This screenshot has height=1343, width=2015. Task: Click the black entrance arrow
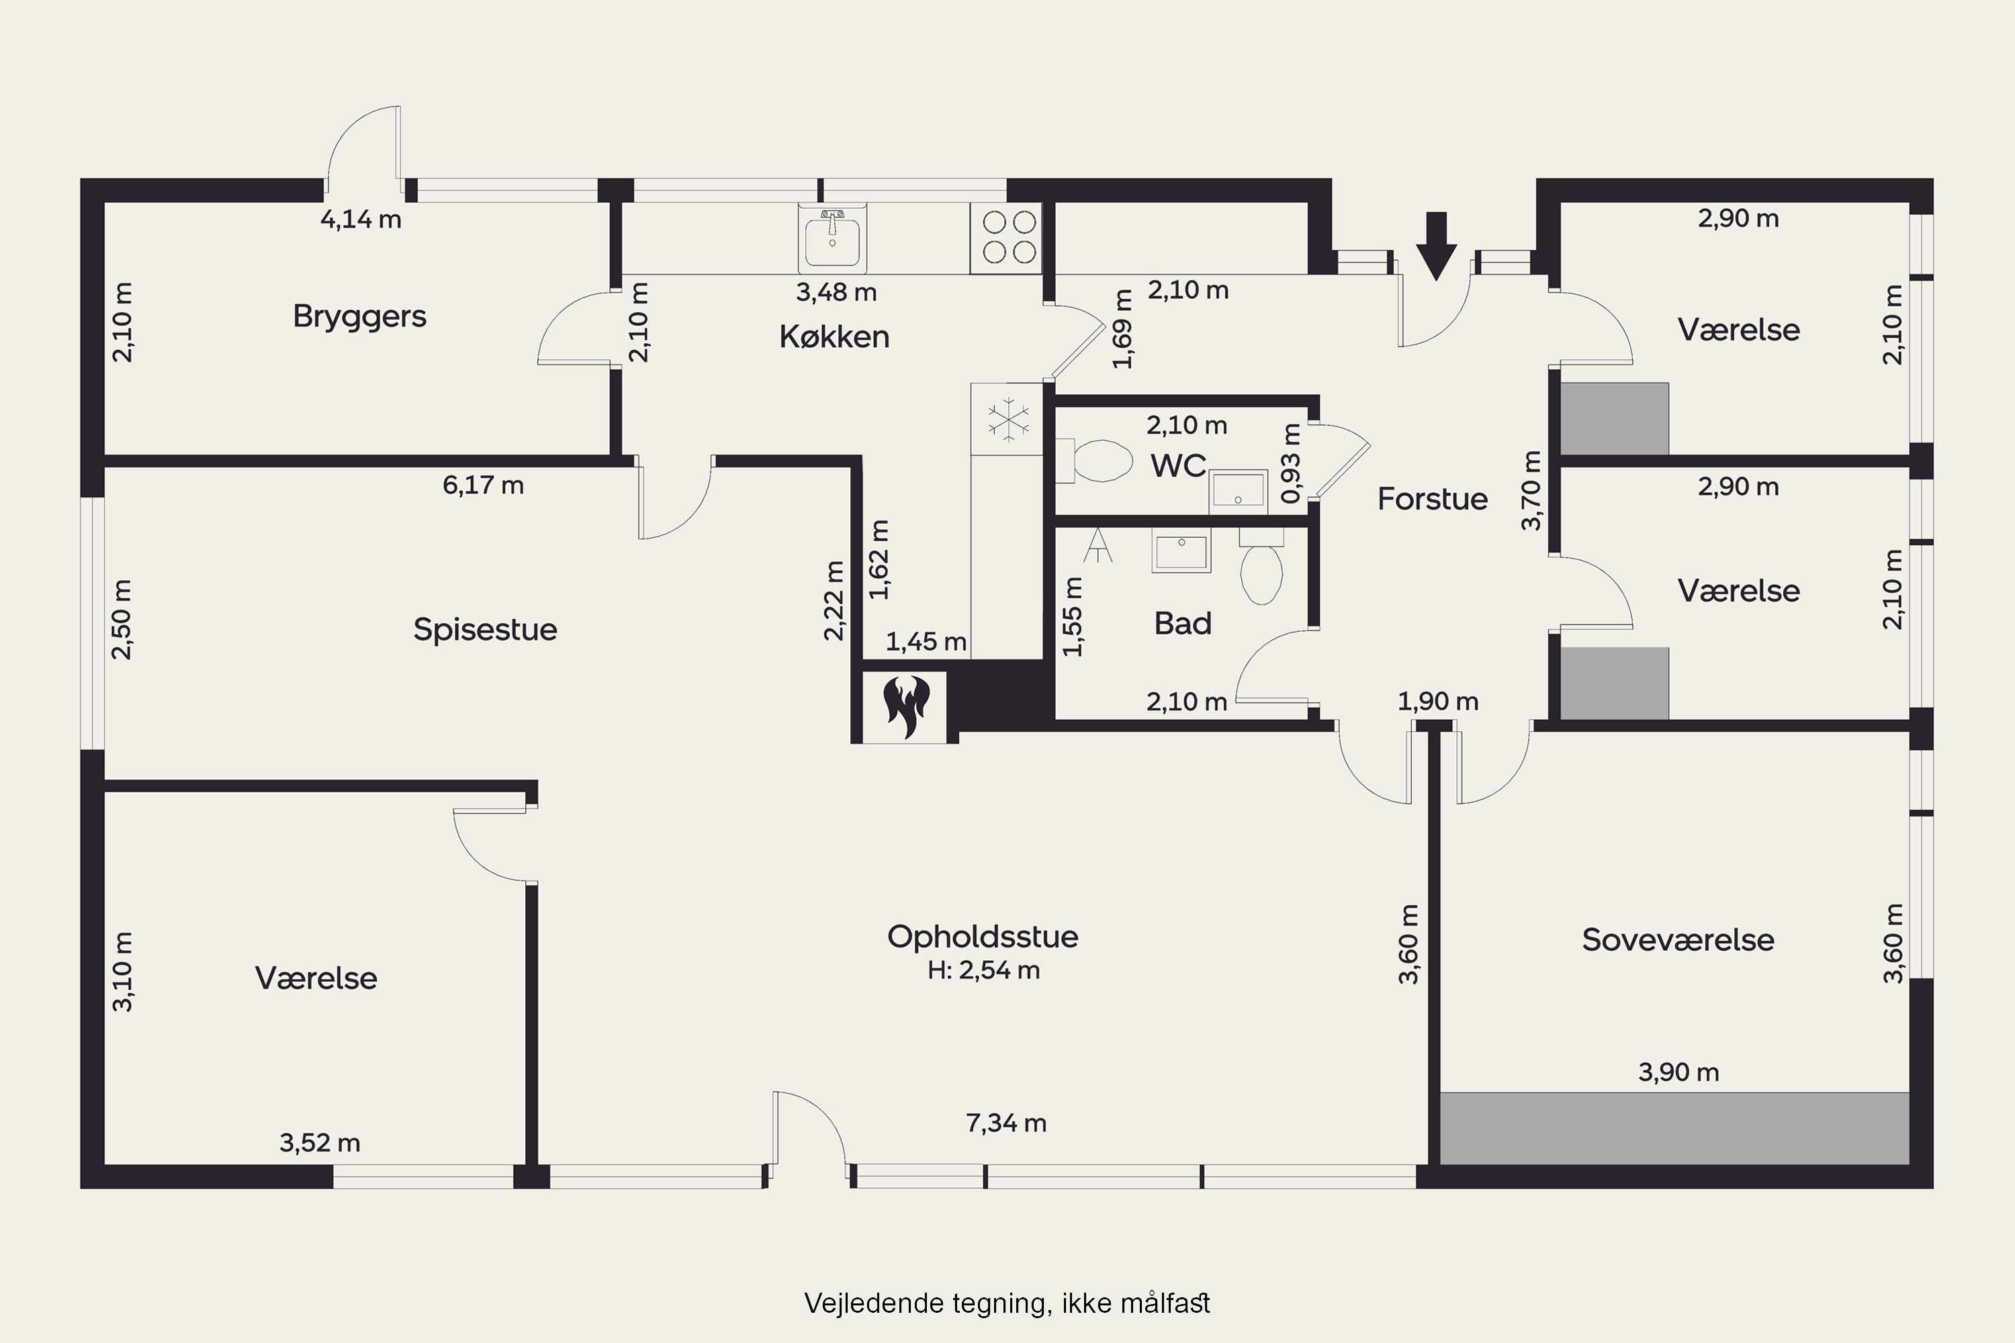(1436, 246)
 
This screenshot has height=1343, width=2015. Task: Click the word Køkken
(834, 336)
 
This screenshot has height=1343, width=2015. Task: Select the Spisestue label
(485, 631)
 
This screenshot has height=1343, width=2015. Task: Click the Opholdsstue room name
(983, 936)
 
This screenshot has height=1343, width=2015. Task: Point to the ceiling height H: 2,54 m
(983, 970)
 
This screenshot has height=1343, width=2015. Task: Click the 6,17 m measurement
(483, 485)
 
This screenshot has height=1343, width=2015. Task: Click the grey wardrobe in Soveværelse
(1675, 1128)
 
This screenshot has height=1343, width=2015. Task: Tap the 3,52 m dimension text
(320, 1143)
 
